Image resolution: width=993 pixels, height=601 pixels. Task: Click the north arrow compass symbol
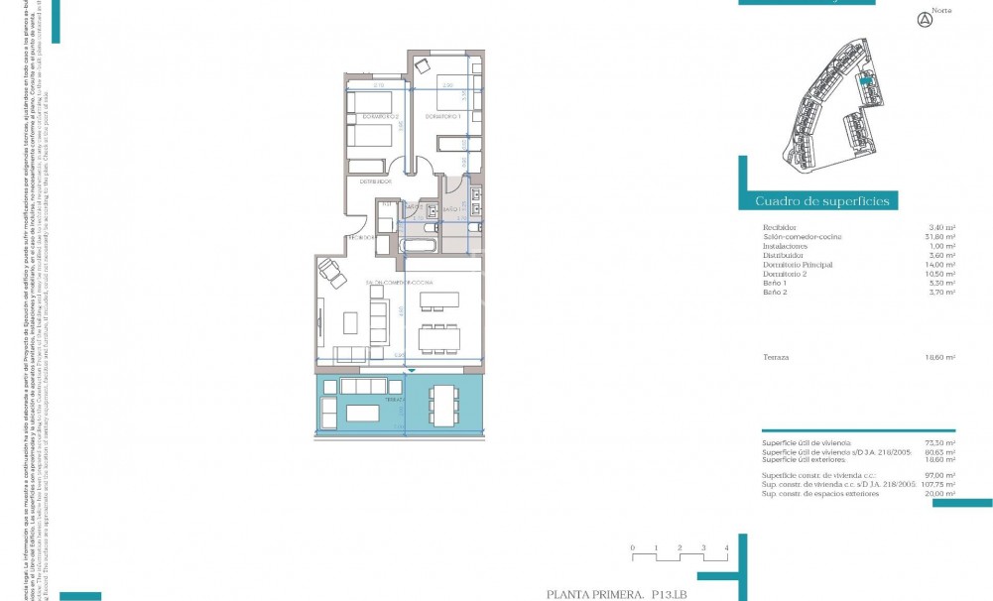click(926, 19)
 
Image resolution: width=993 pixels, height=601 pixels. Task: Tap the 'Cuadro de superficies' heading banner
click(822, 201)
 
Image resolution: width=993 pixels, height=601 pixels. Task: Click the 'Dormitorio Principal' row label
click(798, 265)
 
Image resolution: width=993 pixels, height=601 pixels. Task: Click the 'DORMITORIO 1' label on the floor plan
click(445, 117)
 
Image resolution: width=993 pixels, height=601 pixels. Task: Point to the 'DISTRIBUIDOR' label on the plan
click(373, 182)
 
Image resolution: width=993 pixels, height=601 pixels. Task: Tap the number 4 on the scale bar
click(727, 547)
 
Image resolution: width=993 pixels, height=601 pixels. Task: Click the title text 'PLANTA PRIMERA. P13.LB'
click(623, 594)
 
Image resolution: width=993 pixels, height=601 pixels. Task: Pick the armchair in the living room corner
click(330, 272)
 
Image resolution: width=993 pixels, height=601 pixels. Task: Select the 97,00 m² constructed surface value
click(939, 476)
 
